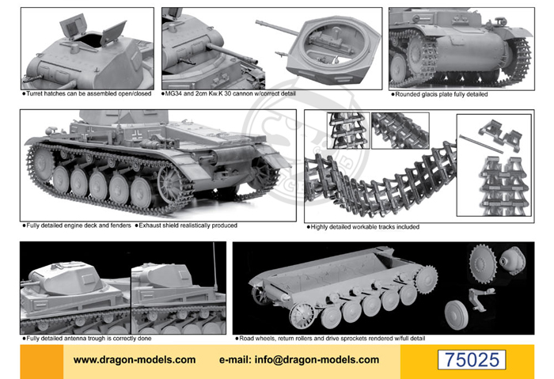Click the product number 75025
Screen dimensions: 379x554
(x=472, y=358)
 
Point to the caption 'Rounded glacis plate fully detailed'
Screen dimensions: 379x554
(x=438, y=93)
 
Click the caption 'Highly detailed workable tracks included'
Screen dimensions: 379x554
(x=363, y=226)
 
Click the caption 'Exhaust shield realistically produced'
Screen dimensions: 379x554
(x=186, y=226)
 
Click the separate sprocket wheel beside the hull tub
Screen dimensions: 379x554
(x=484, y=260)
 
